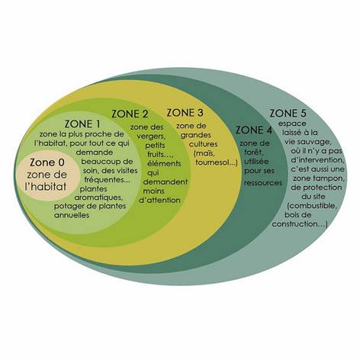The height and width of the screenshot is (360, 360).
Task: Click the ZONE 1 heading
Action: pyautogui.click(x=82, y=124)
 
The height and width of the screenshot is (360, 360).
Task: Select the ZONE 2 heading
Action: pyautogui.click(x=130, y=114)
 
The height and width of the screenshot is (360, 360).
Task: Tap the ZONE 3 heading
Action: pyautogui.click(x=185, y=112)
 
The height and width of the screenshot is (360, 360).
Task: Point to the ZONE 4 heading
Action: pyautogui.click(x=254, y=130)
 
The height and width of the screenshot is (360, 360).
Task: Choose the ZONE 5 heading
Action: pyautogui.click(x=288, y=113)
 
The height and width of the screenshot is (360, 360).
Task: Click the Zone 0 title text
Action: pyautogui.click(x=47, y=162)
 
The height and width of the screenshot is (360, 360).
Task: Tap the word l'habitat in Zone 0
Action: pyautogui.click(x=46, y=187)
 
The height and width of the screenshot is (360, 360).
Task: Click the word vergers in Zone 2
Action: pyautogui.click(x=151, y=137)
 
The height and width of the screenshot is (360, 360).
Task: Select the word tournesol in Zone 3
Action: pyautogui.click(x=216, y=162)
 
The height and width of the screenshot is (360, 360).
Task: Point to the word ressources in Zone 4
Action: pyautogui.click(x=263, y=183)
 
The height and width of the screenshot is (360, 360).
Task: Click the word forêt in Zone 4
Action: pyautogui.click(x=253, y=153)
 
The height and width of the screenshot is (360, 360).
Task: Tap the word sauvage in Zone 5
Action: pyautogui.click(x=315, y=142)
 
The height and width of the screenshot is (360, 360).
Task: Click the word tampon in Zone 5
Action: pyautogui.click(x=331, y=178)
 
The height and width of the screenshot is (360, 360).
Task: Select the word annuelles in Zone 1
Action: pyautogui.click(x=72, y=215)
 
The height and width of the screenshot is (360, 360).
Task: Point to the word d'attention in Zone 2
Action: pyautogui.click(x=159, y=200)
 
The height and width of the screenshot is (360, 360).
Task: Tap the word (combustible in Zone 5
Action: pyautogui.click(x=312, y=206)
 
